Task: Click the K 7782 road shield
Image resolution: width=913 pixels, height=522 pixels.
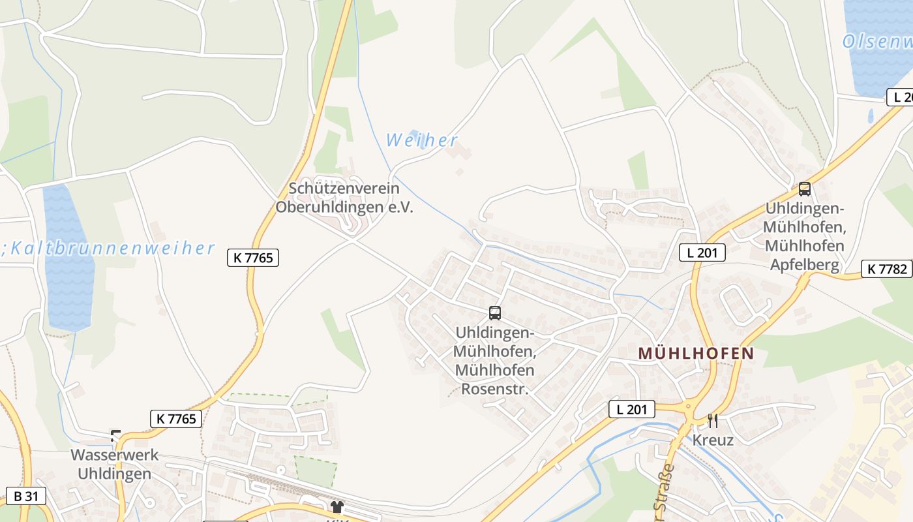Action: (x=886, y=268)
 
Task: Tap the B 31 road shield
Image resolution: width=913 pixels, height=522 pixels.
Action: (x=26, y=496)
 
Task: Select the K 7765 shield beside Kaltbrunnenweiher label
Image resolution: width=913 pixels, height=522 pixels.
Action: (x=253, y=258)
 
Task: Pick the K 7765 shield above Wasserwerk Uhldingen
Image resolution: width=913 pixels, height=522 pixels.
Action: (x=175, y=418)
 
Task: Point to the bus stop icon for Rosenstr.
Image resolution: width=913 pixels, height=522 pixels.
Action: (x=495, y=313)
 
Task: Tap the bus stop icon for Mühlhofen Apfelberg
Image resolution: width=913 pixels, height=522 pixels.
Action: (x=804, y=189)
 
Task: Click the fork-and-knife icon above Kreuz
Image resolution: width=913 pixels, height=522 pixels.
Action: (x=712, y=421)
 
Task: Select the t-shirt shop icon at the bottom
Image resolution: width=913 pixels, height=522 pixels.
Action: (x=337, y=507)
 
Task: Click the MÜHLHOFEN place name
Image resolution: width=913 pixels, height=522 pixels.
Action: (x=695, y=354)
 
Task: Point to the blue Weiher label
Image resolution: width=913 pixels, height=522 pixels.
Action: (x=421, y=140)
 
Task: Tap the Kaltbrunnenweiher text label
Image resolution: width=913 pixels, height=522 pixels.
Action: (x=111, y=249)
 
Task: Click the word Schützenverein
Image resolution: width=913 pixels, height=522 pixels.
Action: (x=344, y=189)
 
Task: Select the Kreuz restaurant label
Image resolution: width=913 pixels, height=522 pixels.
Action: (x=713, y=440)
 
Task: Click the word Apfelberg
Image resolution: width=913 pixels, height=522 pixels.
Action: (x=804, y=264)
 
